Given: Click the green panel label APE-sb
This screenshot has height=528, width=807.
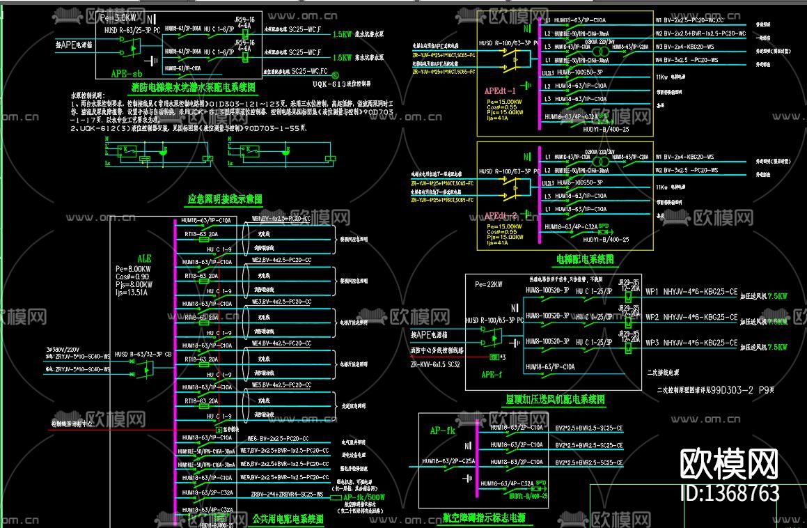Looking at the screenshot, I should (x=127, y=73).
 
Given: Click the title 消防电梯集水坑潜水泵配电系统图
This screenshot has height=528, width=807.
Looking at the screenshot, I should (x=193, y=88).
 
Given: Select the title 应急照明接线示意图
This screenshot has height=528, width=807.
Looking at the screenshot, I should (x=225, y=199).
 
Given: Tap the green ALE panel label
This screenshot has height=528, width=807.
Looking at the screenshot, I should (x=144, y=258).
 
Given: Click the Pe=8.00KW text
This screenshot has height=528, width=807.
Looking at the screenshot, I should (x=133, y=268).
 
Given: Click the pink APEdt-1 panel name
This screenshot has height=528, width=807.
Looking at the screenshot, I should (x=500, y=91).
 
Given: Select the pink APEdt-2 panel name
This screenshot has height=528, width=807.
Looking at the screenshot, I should (x=500, y=216).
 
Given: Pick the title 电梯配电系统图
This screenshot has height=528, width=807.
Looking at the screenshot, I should (x=585, y=259).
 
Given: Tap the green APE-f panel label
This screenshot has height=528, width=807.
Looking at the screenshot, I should (x=491, y=373).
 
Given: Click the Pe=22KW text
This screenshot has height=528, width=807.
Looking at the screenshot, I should (x=489, y=284).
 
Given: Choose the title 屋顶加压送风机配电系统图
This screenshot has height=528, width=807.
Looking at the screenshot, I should (x=555, y=400).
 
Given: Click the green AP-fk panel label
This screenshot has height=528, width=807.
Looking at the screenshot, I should (x=442, y=430).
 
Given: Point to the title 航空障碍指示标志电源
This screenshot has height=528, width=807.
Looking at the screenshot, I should (x=483, y=518).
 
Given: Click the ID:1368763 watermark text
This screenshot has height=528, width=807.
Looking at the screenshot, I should (x=729, y=493).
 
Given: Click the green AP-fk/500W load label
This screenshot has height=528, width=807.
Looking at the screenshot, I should (x=364, y=497).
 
